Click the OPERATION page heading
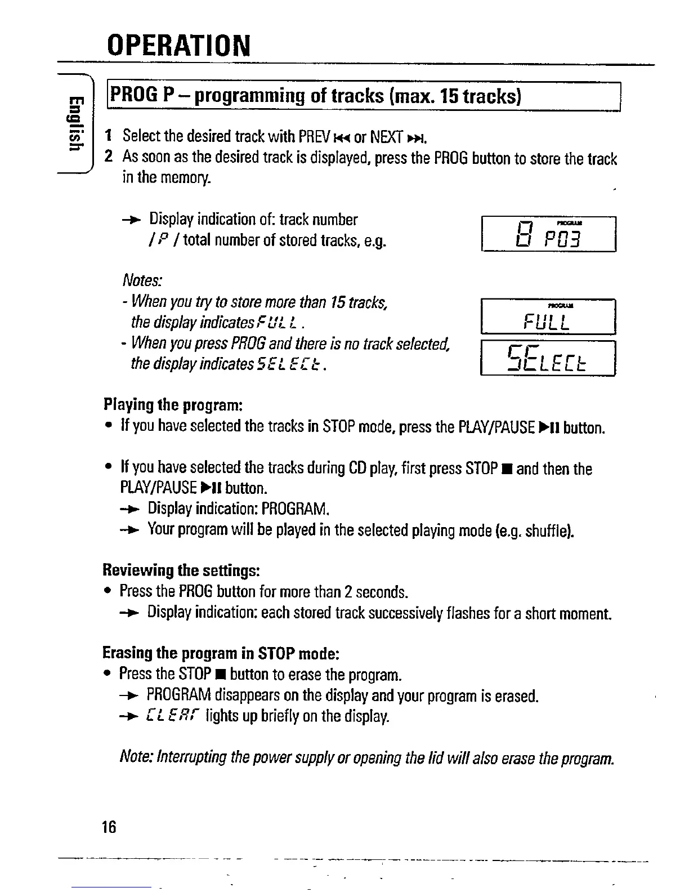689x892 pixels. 178,46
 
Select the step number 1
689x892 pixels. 109,136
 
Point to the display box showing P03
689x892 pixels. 549,234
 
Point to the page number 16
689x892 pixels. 109,827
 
